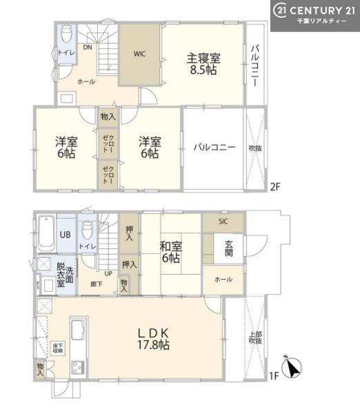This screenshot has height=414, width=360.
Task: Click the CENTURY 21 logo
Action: pyautogui.click(x=314, y=15)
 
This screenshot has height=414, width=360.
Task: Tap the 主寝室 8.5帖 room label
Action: pyautogui.click(x=201, y=63)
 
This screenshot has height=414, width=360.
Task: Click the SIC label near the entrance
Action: pyautogui.click(x=222, y=221)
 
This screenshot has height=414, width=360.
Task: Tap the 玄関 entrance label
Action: pyautogui.click(x=228, y=249)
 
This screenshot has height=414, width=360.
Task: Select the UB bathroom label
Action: pyautogui.click(x=63, y=235)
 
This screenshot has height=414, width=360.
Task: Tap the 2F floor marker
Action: pyautogui.click(x=274, y=186)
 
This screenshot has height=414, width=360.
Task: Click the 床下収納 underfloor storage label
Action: pyautogui.click(x=58, y=348)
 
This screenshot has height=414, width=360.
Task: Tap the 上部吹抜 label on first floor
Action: pyautogui.click(x=255, y=337)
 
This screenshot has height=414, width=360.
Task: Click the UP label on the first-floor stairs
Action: pyautogui.click(x=109, y=273)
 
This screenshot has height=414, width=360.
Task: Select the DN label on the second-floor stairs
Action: pyautogui.click(x=88, y=48)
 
